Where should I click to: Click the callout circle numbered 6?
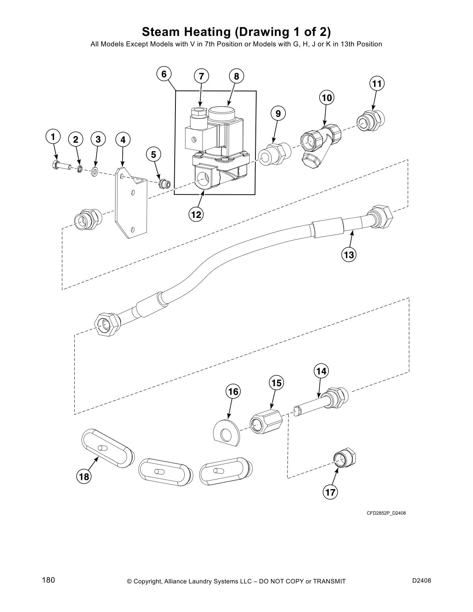coord(164,74)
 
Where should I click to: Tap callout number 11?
coord(377,83)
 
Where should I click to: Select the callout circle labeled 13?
coord(349,255)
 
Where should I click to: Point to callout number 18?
coord(84,477)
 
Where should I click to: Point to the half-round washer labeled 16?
coord(227,432)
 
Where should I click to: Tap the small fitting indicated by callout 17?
coord(345,458)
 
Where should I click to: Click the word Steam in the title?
coord(162,31)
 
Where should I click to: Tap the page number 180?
coord(49,580)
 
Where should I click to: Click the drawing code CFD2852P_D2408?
coord(386,513)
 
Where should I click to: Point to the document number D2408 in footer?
coord(421,580)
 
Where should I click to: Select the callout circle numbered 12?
coord(196,214)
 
